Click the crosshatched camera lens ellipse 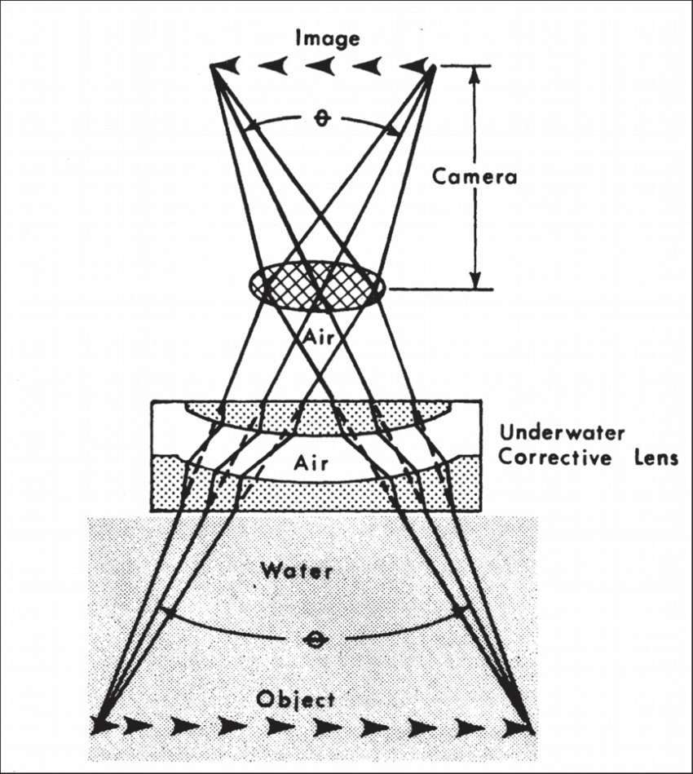click(316, 286)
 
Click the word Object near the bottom click(295, 699)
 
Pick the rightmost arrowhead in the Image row click(419, 66)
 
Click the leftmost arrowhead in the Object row click(104, 723)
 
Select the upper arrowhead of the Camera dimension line click(475, 74)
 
